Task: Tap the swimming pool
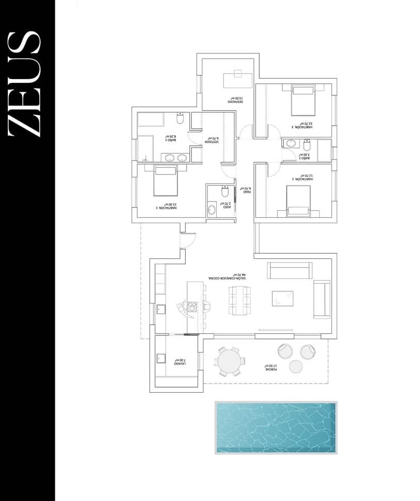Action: [x=275, y=428]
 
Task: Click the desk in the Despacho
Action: [x=237, y=80]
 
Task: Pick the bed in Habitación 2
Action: [x=298, y=201]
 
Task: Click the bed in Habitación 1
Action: [x=166, y=181]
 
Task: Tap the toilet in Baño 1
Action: [x=180, y=119]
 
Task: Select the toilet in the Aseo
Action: [x=224, y=192]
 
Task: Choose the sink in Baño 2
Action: [x=291, y=143]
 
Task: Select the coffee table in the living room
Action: [x=282, y=298]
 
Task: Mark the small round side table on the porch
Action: [x=295, y=366]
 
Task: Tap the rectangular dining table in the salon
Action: [x=239, y=300]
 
